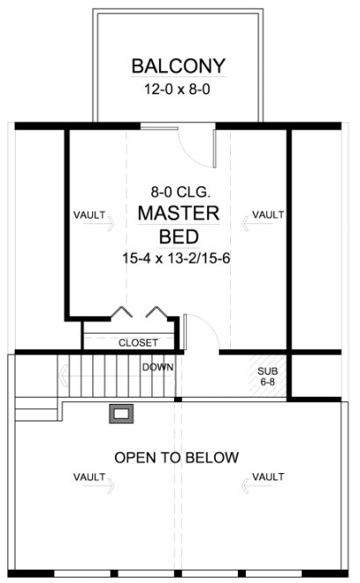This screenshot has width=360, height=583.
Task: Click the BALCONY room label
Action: click(179, 66)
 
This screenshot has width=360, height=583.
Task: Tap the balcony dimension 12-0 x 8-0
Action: click(179, 89)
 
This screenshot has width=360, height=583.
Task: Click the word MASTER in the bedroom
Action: click(179, 214)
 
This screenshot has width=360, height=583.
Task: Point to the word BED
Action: click(179, 237)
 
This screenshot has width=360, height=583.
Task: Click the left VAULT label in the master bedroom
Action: click(91, 214)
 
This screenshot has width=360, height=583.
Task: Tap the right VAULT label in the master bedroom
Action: click(268, 214)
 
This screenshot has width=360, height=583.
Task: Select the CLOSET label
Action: click(138, 342)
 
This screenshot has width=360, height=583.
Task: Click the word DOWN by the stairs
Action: click(158, 367)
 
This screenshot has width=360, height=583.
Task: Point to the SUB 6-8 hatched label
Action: click(267, 377)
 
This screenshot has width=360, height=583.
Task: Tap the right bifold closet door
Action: click(156, 313)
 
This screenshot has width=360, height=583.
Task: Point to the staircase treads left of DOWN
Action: click(97, 376)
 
